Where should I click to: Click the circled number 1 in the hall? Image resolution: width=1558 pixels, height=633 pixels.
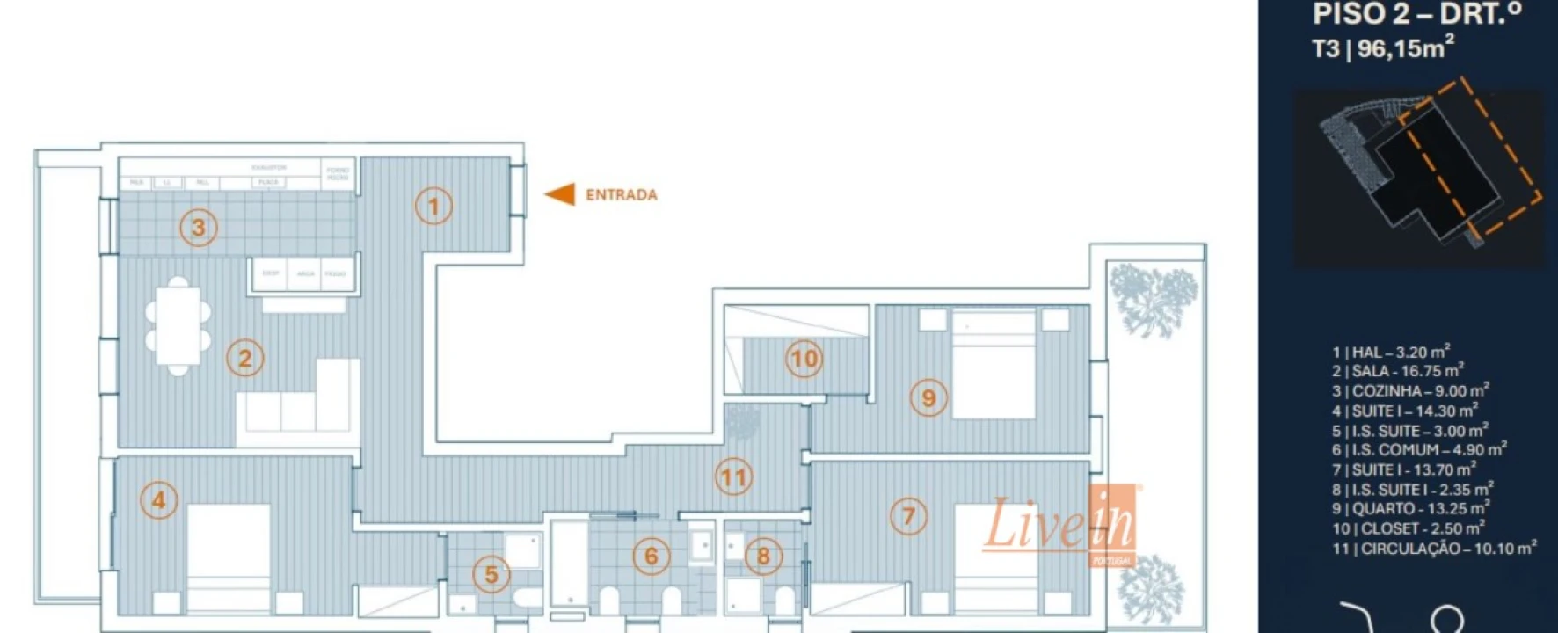click(433, 207)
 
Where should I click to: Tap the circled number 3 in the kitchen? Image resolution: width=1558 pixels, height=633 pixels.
click(199, 228)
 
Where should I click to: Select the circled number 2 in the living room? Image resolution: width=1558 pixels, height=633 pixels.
click(244, 359)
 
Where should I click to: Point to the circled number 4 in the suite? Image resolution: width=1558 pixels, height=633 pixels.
click(159, 500)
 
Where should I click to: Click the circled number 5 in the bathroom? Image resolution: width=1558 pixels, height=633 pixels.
click(491, 575)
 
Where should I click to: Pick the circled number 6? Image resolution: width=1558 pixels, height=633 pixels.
click(651, 556)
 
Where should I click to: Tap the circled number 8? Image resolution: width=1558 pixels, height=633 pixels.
click(762, 556)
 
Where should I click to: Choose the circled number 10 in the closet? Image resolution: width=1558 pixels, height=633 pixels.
click(804, 359)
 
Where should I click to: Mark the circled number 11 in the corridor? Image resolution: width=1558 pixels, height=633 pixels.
click(733, 477)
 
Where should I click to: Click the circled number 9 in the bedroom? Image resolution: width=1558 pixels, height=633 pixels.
click(928, 398)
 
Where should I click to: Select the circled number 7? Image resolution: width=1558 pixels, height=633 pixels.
click(908, 516)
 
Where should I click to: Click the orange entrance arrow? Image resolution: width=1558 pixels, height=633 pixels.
click(560, 194)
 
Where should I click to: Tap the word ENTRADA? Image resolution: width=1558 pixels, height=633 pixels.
click(622, 195)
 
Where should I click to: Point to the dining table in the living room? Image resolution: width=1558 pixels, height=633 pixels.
click(178, 326)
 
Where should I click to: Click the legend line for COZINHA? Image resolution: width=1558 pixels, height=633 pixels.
click(1410, 390)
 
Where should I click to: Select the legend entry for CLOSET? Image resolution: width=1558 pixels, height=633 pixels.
click(1408, 528)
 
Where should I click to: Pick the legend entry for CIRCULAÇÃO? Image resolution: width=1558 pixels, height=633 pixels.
click(1434, 549)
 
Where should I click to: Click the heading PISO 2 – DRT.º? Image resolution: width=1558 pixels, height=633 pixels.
click(1416, 14)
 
